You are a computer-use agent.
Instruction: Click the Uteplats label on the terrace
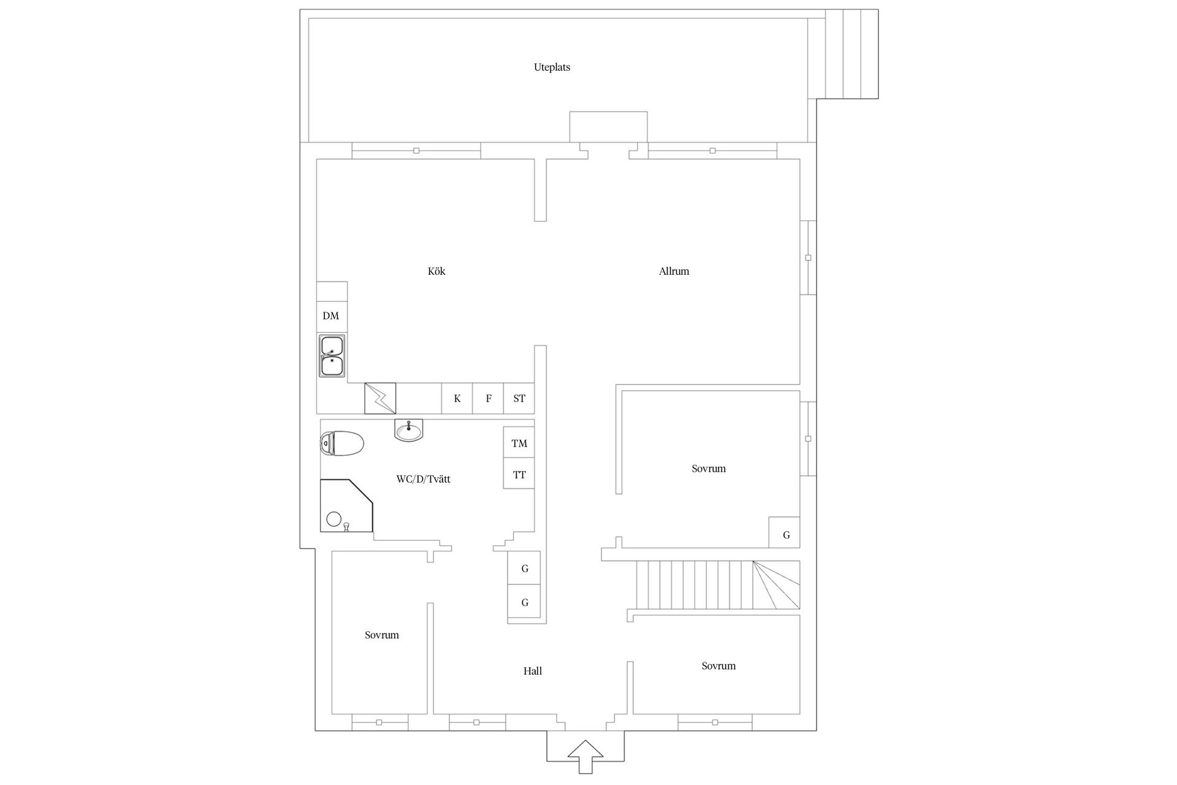tap(552, 67)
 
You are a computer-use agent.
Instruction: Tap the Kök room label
tap(436, 271)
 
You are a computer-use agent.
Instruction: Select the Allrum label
tap(674, 271)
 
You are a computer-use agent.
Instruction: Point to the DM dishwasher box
tap(331, 316)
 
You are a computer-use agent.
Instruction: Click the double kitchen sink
tap(332, 356)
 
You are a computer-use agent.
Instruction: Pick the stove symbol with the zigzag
tap(380, 399)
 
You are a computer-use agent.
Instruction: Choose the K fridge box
tap(457, 399)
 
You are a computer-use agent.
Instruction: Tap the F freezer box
tap(489, 399)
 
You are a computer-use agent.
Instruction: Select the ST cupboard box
tap(519, 399)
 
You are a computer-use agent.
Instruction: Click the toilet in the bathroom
tap(342, 443)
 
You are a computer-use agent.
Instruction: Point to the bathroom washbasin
tap(408, 431)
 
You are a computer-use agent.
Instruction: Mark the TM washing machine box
tap(519, 443)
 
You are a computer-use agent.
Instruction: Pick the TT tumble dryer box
tap(519, 474)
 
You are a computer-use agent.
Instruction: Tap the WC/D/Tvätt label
tap(423, 479)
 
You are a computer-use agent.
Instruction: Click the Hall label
tap(532, 671)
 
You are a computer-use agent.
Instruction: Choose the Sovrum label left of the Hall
tap(381, 635)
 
